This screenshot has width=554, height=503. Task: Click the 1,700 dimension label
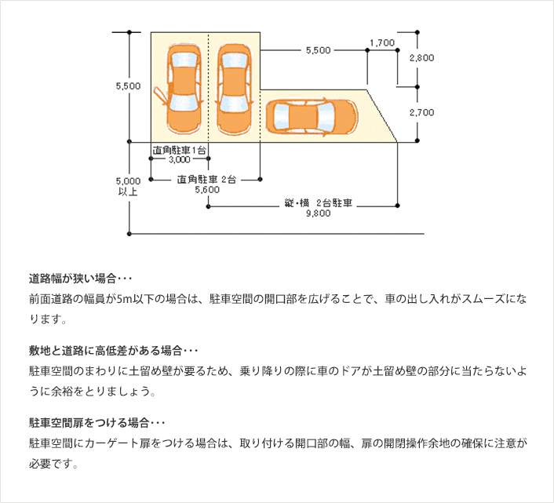381,43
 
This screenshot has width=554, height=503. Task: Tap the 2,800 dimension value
421,58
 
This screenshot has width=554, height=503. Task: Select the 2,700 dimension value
421,112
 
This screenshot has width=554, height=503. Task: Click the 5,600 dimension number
208,189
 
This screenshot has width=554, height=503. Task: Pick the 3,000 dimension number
180,159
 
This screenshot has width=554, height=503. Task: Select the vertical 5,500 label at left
128,86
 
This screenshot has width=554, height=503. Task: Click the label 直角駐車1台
180,148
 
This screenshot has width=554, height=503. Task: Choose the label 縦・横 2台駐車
318,202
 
